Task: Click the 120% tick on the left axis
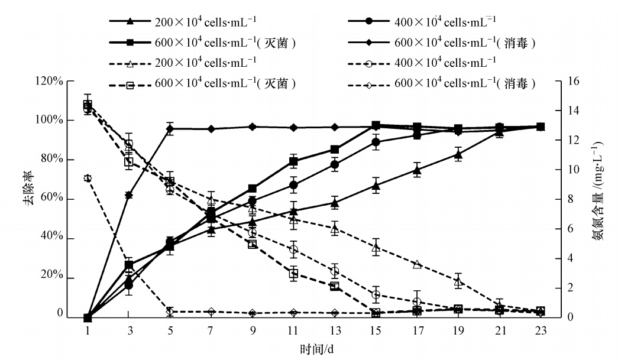pyautogui.click(x=50, y=81)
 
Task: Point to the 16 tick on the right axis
pyautogui.click(x=558, y=81)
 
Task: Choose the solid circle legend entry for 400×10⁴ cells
pyautogui.click(x=369, y=22)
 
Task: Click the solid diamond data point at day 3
pyautogui.click(x=129, y=195)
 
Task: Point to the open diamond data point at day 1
pyautogui.click(x=88, y=178)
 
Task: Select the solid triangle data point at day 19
pyautogui.click(x=458, y=154)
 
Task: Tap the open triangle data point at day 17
pyautogui.click(x=417, y=264)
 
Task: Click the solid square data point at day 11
pyautogui.click(x=293, y=161)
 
